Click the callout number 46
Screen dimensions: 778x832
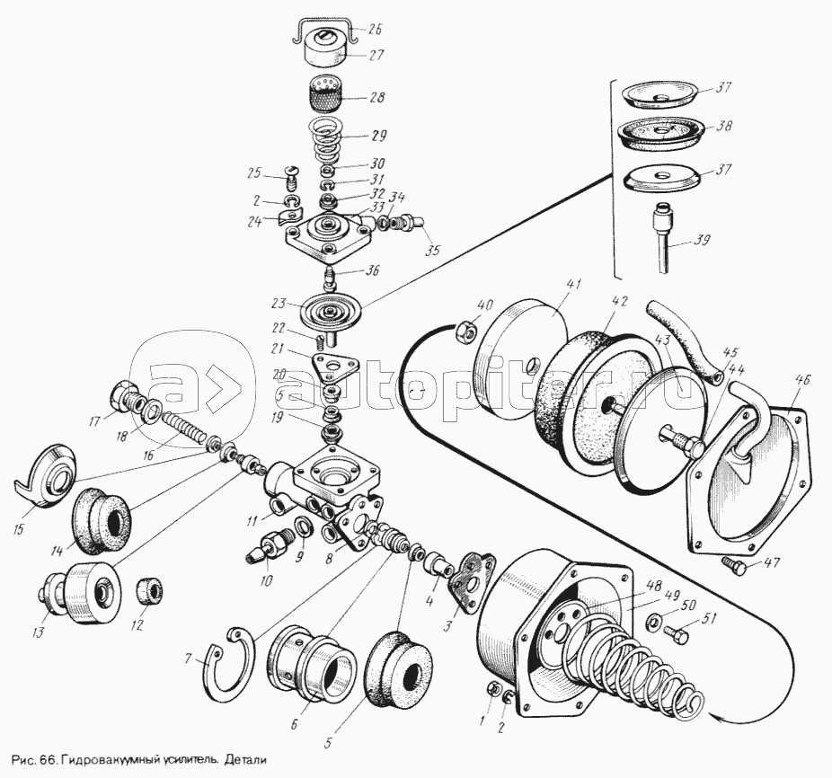tap(802, 381)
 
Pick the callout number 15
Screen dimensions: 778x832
tap(19, 528)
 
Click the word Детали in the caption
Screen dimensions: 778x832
tap(246, 758)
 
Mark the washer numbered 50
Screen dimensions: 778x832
tap(655, 620)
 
